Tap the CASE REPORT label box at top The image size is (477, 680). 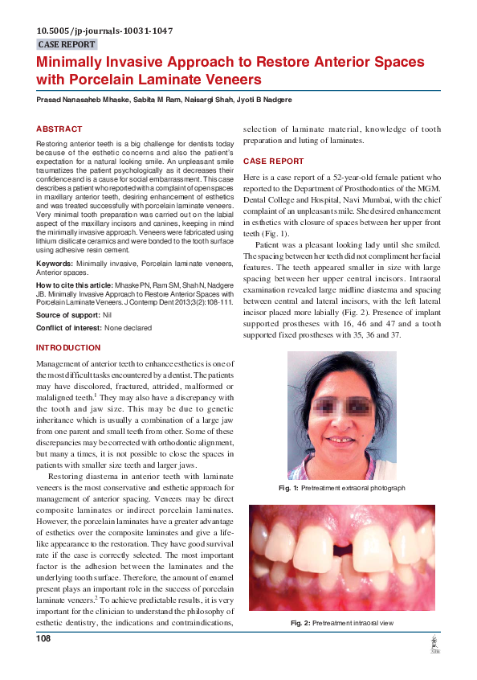point(67,45)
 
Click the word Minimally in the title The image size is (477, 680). point(75,62)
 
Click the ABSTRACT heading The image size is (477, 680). point(59,129)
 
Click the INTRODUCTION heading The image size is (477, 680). point(68,347)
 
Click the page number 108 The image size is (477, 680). point(43,639)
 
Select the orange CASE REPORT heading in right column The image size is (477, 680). point(273,162)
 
